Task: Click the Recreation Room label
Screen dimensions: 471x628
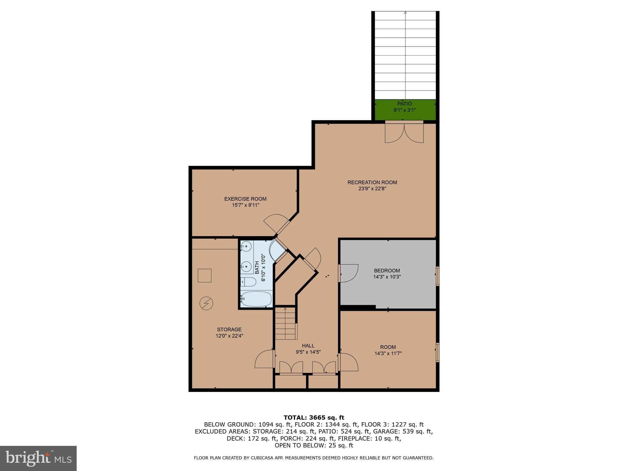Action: [372, 182]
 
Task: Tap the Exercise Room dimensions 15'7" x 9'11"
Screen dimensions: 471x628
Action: [245, 205]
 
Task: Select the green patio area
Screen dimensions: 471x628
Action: [405, 110]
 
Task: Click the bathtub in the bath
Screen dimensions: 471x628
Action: [256, 299]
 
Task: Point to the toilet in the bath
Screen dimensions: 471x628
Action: [248, 282]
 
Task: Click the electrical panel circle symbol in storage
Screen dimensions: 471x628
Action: [206, 303]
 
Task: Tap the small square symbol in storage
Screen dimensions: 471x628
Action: [205, 275]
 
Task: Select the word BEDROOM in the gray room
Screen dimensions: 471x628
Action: [387, 271]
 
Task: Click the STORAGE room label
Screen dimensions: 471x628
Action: [229, 330]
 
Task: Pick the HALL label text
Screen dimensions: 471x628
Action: [308, 346]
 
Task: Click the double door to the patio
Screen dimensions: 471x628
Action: [404, 133]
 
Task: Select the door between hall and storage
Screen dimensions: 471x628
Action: [264, 359]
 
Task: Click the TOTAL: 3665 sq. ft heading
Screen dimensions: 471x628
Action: [314, 418]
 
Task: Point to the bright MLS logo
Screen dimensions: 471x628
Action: [38, 458]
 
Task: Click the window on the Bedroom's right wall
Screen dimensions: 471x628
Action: [438, 276]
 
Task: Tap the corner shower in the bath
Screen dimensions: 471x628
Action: [278, 250]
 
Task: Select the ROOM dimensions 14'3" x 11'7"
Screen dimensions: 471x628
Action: [388, 353]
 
